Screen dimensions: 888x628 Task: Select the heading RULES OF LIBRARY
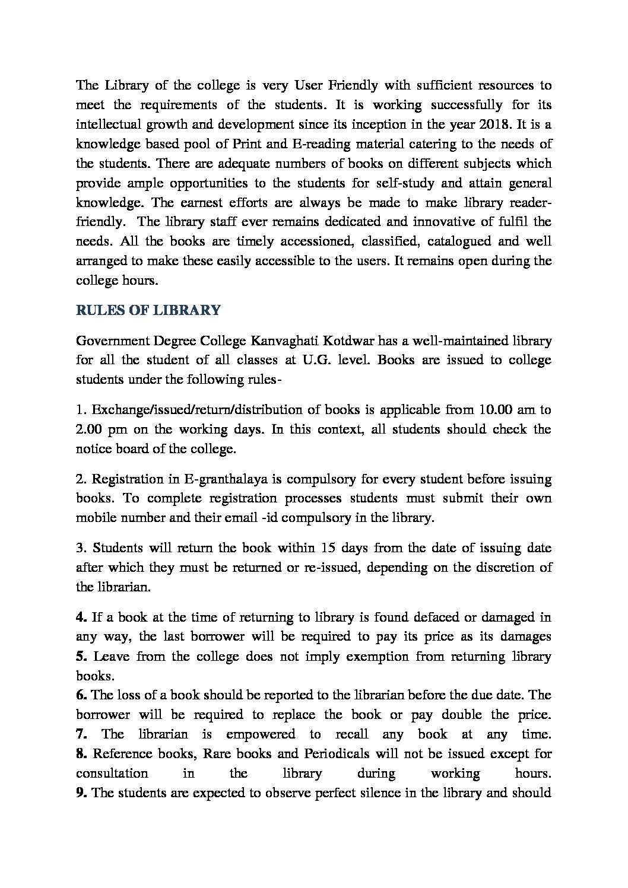coord(148,310)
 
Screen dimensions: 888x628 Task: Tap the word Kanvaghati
coord(282,341)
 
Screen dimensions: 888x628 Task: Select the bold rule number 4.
coord(81,617)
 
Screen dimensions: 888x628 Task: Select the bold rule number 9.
coord(81,793)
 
